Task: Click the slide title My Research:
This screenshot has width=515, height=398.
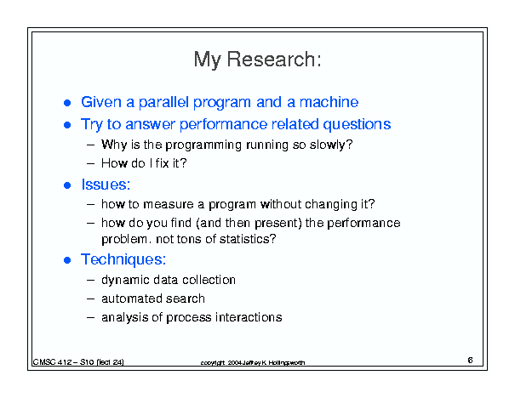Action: pyautogui.click(x=257, y=60)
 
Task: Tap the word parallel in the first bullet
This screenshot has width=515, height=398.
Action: pyautogui.click(x=163, y=102)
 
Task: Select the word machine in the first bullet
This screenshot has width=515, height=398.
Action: pyautogui.click(x=329, y=102)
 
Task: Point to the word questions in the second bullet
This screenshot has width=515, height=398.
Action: pyautogui.click(x=357, y=125)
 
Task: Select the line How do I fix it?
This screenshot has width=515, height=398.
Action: pyautogui.click(x=144, y=163)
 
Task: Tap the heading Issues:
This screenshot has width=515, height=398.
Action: pyautogui.click(x=106, y=185)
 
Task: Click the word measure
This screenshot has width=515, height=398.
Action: pyautogui.click(x=169, y=204)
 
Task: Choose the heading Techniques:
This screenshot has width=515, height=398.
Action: pyautogui.click(x=123, y=259)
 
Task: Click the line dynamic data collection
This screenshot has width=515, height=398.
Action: pyautogui.click(x=169, y=280)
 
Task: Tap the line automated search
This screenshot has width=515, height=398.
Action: pyautogui.click(x=153, y=298)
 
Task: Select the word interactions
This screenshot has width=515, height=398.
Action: pyautogui.click(x=249, y=317)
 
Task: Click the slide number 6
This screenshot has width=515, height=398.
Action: pyautogui.click(x=470, y=361)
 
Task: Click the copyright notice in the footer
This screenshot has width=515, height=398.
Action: pyautogui.click(x=253, y=362)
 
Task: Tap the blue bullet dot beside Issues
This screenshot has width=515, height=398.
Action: pyautogui.click(x=67, y=185)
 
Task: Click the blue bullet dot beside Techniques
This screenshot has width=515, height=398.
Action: pyautogui.click(x=67, y=260)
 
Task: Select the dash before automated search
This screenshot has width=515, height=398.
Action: pyautogui.click(x=90, y=298)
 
